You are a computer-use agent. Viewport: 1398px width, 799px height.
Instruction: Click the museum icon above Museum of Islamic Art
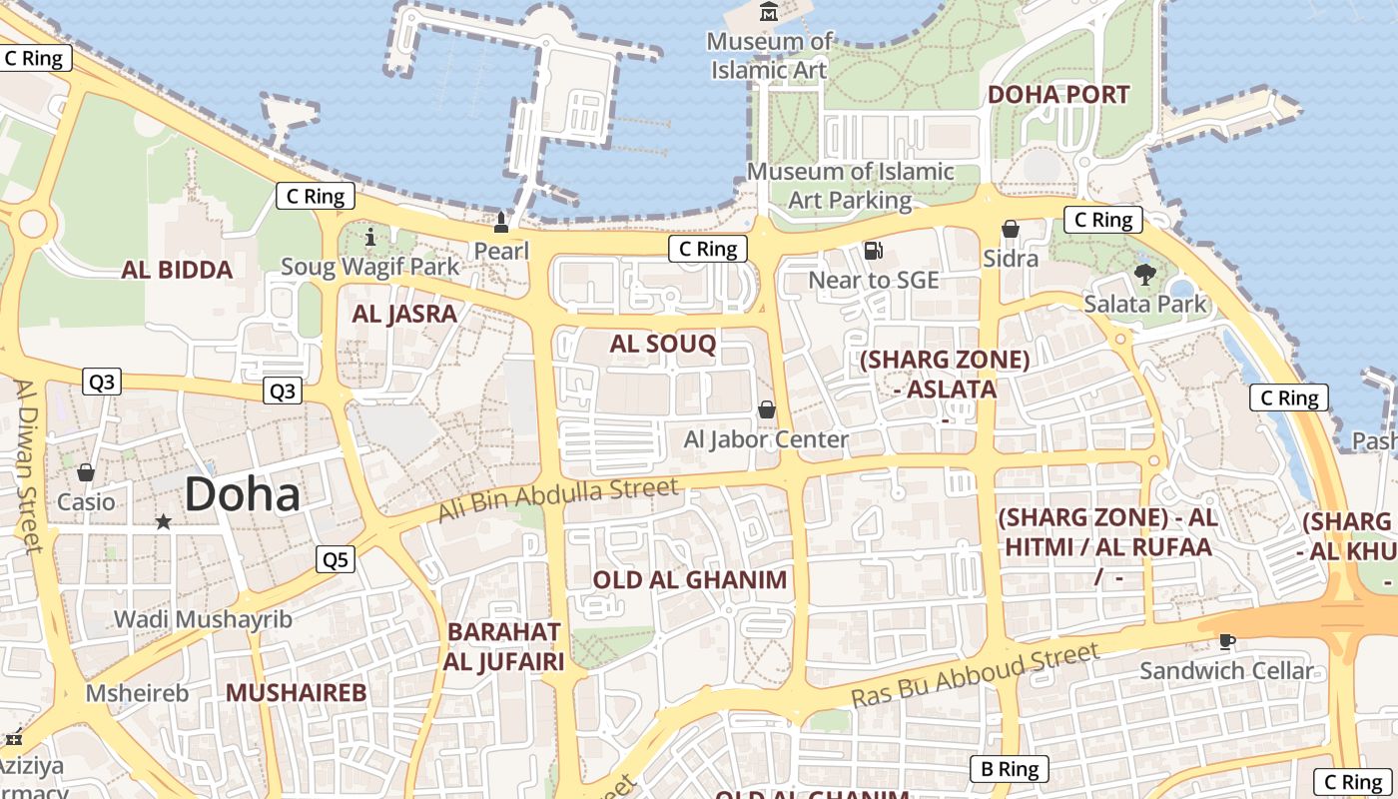[769, 12]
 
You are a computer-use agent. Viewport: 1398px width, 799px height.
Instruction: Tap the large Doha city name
[243, 494]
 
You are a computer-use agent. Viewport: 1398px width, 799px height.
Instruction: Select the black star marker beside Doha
[163, 521]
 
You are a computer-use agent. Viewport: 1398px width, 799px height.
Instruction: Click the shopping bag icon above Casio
[86, 471]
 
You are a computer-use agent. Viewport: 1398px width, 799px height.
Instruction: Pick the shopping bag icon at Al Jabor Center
[767, 409]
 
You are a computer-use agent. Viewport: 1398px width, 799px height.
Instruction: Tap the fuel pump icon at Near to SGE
[873, 250]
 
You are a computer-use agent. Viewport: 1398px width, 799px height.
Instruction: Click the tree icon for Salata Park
[1144, 274]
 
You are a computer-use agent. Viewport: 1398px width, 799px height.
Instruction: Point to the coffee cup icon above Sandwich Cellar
[1227, 640]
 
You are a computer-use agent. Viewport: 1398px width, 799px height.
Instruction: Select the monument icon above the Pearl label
[501, 221]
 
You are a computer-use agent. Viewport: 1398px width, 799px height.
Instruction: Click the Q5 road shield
[336, 559]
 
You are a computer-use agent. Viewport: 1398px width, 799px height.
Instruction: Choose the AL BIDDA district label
[178, 270]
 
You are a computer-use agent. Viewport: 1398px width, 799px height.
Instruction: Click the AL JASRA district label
[404, 314]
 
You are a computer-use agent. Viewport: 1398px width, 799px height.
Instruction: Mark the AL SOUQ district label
[663, 345]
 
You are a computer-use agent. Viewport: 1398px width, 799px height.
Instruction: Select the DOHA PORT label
[1058, 95]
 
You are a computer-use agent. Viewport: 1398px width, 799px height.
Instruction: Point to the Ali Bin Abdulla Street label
[558, 499]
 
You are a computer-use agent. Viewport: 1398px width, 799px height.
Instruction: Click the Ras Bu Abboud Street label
[975, 676]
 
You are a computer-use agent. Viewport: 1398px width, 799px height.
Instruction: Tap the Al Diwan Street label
[28, 464]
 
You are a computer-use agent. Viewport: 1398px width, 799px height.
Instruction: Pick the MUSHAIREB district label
[296, 692]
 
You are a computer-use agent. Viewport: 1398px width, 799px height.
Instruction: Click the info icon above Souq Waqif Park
[370, 237]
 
